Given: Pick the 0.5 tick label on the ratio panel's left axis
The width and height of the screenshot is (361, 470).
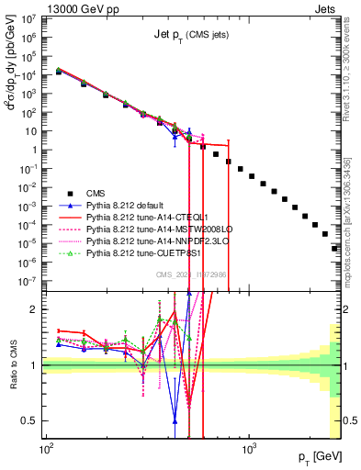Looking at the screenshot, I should [x=31, y=420].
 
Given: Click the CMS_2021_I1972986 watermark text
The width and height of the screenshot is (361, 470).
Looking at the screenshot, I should [x=191, y=275].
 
